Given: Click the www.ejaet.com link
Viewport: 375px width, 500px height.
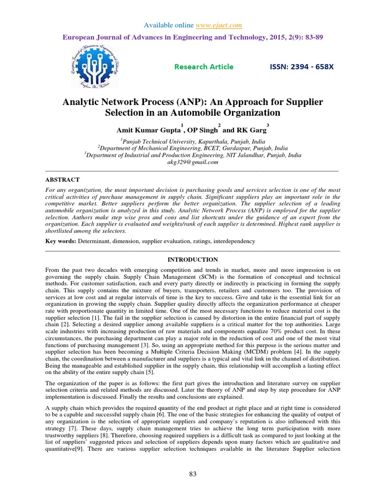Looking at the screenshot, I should tap(219, 25).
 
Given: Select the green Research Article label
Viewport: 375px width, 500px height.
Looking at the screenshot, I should tap(204, 67).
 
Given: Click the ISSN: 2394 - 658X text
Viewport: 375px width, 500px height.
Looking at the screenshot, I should tap(302, 67).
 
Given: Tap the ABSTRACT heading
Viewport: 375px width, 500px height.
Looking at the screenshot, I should tap(60, 179).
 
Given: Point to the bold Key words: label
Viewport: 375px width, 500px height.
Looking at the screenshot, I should tap(59, 242).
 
